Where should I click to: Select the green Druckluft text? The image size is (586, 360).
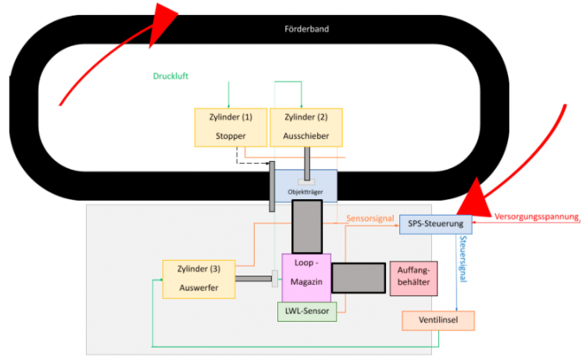[171, 77]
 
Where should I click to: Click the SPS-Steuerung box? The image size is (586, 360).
[435, 225]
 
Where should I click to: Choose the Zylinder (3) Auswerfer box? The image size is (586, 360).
[198, 279]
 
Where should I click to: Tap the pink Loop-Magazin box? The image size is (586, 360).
[306, 277]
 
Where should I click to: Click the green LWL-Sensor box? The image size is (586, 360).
[306, 312]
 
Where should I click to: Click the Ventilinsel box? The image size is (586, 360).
[438, 320]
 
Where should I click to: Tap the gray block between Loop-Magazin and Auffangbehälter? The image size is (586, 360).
[359, 278]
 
